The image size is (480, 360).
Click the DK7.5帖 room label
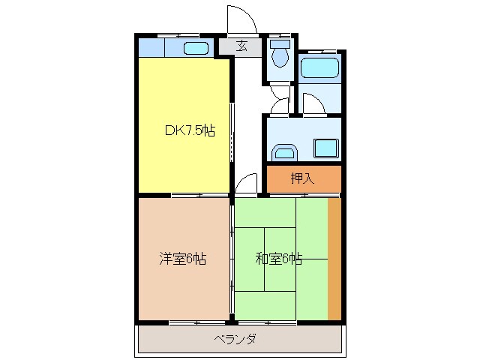point(190,130)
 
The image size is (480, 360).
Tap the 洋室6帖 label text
point(182,259)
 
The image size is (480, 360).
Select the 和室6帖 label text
point(278,259)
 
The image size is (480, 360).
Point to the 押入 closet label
point(302,178)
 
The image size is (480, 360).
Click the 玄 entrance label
point(241,46)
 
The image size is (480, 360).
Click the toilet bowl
point(281,57)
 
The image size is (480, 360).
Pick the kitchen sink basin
point(196,48)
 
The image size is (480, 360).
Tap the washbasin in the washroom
point(284,152)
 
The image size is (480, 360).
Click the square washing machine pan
point(325,147)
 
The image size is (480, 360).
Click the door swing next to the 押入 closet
point(245,183)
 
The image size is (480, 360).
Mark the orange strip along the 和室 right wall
point(334,259)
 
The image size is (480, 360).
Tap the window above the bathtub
point(320,51)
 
